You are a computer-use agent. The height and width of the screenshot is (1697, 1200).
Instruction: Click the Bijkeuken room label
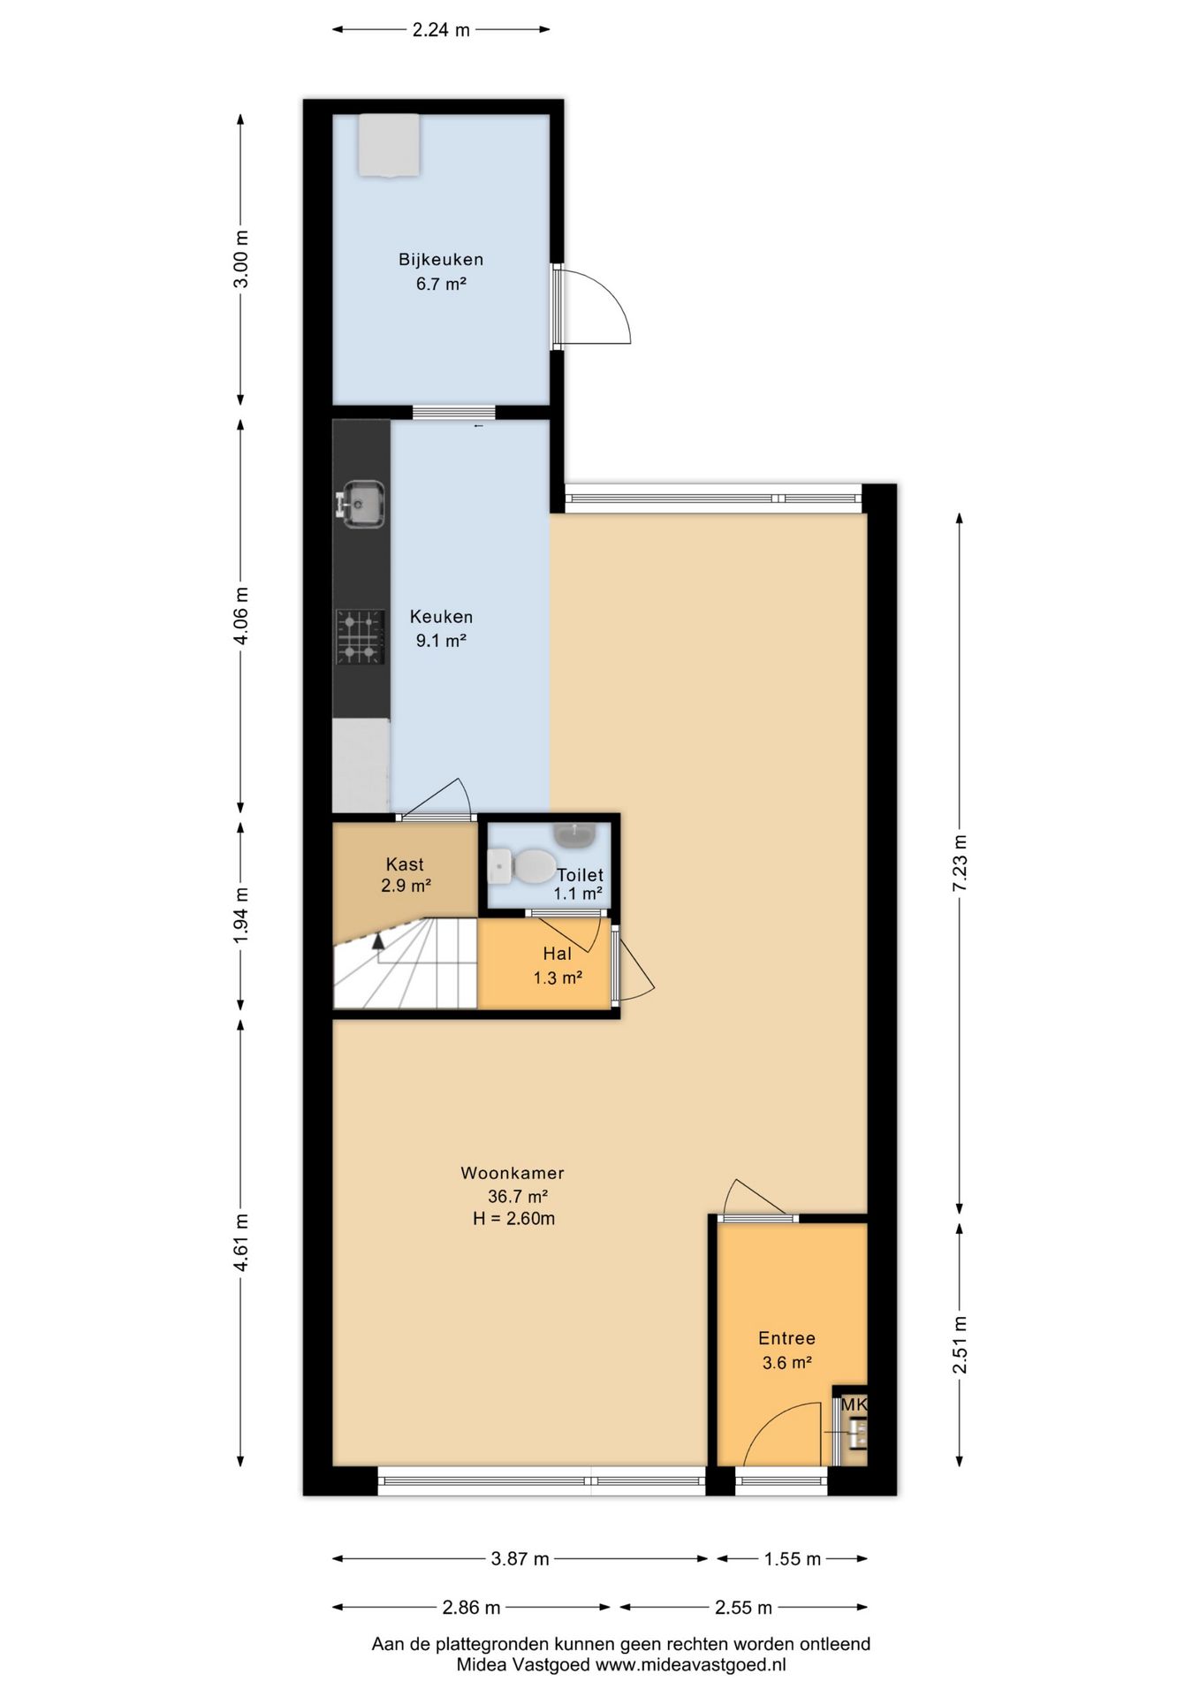pos(441,260)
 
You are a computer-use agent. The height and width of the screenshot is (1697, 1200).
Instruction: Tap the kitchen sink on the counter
pos(360,505)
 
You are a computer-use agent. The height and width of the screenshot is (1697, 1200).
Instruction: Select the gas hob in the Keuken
pos(360,636)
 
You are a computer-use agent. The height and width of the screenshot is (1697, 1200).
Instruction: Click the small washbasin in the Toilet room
pos(576,833)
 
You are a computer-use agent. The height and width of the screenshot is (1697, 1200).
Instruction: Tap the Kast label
pos(405,864)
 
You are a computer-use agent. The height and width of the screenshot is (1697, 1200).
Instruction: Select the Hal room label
pos(557,954)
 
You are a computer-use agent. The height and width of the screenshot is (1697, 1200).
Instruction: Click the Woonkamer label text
pos(513,1173)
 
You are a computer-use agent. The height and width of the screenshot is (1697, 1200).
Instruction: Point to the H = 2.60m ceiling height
pos(513,1219)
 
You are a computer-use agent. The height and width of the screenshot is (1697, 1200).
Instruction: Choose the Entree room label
pos(786,1338)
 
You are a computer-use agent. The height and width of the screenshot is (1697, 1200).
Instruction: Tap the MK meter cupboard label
pos(854,1404)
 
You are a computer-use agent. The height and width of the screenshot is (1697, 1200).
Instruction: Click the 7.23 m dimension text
pos(961,863)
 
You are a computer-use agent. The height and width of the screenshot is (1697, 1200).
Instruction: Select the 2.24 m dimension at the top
pos(441,30)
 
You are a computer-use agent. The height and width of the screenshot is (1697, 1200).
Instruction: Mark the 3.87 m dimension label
pos(520,1559)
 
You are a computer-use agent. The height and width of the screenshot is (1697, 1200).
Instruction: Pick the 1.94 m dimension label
pos(240,915)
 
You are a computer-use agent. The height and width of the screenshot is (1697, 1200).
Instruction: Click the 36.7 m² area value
pos(518,1197)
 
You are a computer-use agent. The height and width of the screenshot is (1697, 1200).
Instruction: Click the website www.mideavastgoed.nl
pos(690,1665)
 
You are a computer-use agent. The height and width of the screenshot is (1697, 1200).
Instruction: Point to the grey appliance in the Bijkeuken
pos(389,145)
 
